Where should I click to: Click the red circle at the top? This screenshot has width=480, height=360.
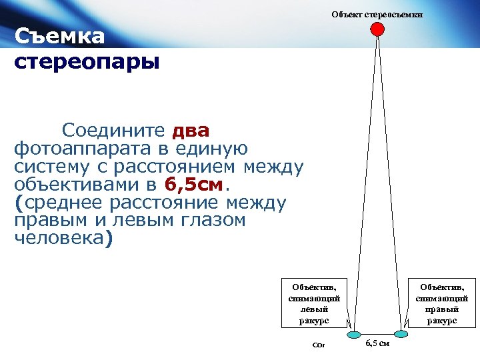[x=377, y=29]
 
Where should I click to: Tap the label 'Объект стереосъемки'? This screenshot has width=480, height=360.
[x=377, y=14]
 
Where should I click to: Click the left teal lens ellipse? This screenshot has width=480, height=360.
[x=355, y=334]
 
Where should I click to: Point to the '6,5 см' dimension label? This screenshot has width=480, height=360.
[x=378, y=343]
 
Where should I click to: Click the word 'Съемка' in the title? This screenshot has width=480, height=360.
[x=59, y=36]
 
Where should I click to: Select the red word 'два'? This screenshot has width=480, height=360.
[x=191, y=130]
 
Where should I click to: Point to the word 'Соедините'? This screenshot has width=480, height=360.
[x=114, y=130]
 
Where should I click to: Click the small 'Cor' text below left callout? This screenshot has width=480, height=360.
[x=317, y=345]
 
